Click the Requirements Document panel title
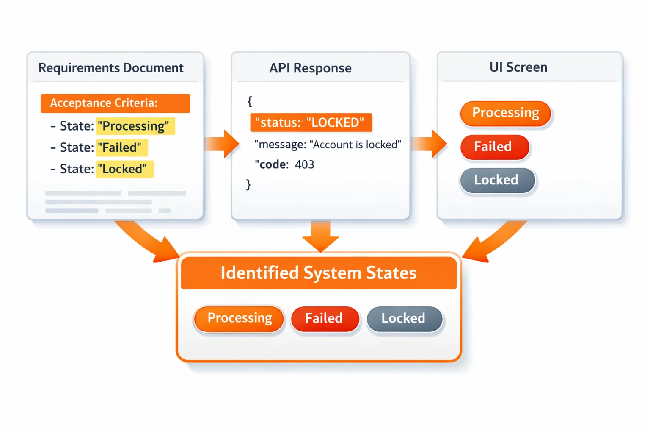(x=111, y=68)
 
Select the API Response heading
(x=310, y=68)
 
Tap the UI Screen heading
(x=518, y=67)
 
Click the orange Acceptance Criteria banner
(x=115, y=103)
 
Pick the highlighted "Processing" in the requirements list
(x=135, y=126)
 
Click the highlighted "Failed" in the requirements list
(x=121, y=147)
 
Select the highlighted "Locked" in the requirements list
(x=124, y=169)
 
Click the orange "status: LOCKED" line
(x=311, y=122)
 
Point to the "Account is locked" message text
(x=355, y=145)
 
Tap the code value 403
(x=304, y=164)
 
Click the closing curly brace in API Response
(x=248, y=184)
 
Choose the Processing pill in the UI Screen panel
(x=505, y=113)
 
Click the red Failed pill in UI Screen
(x=494, y=147)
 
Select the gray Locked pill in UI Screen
(x=497, y=180)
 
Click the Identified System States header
(x=319, y=273)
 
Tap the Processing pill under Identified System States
(x=239, y=318)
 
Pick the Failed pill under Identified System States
(x=325, y=318)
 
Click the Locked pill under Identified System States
(x=404, y=318)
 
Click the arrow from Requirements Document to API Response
(x=222, y=144)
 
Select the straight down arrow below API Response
(x=320, y=236)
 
